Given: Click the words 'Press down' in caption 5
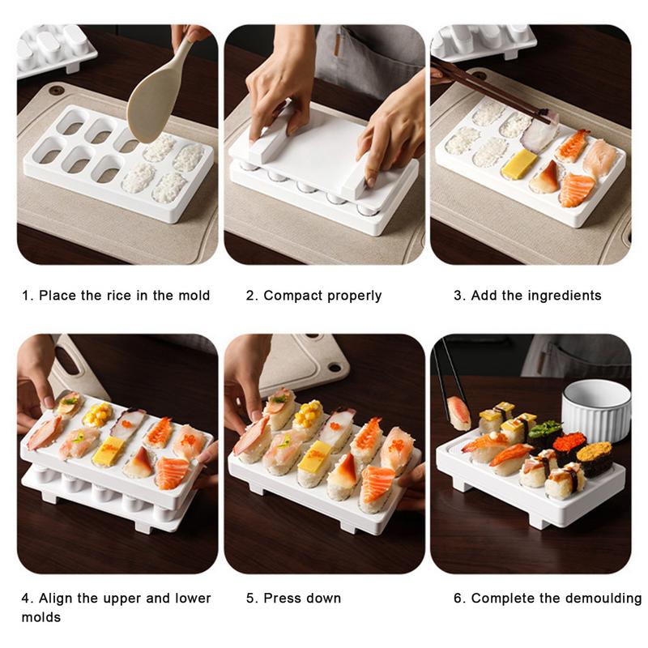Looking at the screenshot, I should [302, 599].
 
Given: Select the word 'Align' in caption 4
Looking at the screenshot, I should [58, 599].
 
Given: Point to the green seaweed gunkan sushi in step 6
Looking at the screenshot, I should [544, 433].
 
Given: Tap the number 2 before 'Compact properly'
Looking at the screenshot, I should [250, 296].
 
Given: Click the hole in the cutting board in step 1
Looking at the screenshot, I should [56, 90].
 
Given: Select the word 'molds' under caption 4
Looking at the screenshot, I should [40, 617].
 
